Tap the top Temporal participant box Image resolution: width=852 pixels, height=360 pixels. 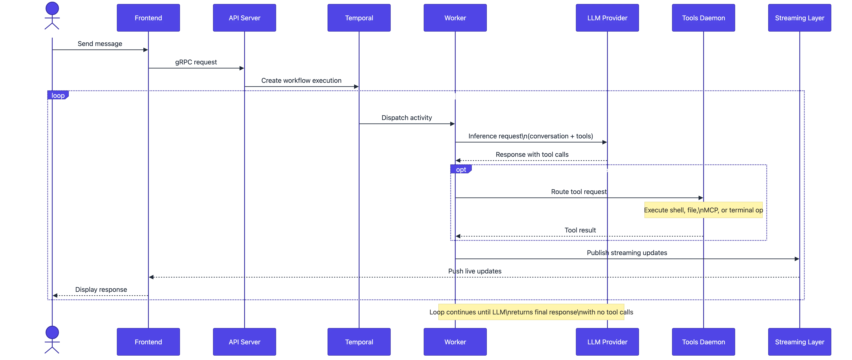pos(359,18)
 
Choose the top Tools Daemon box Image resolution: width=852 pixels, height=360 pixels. pos(703,18)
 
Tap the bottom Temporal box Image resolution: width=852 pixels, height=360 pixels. pos(359,342)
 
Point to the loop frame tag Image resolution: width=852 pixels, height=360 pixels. pos(58,96)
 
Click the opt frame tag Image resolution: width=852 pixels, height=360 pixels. pos(461,169)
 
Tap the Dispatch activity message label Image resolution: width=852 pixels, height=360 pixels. pos(407,117)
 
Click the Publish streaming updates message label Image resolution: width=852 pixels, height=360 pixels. pos(627,253)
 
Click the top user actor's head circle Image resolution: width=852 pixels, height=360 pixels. pos(52,8)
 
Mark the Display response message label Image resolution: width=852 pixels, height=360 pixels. pos(101,290)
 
